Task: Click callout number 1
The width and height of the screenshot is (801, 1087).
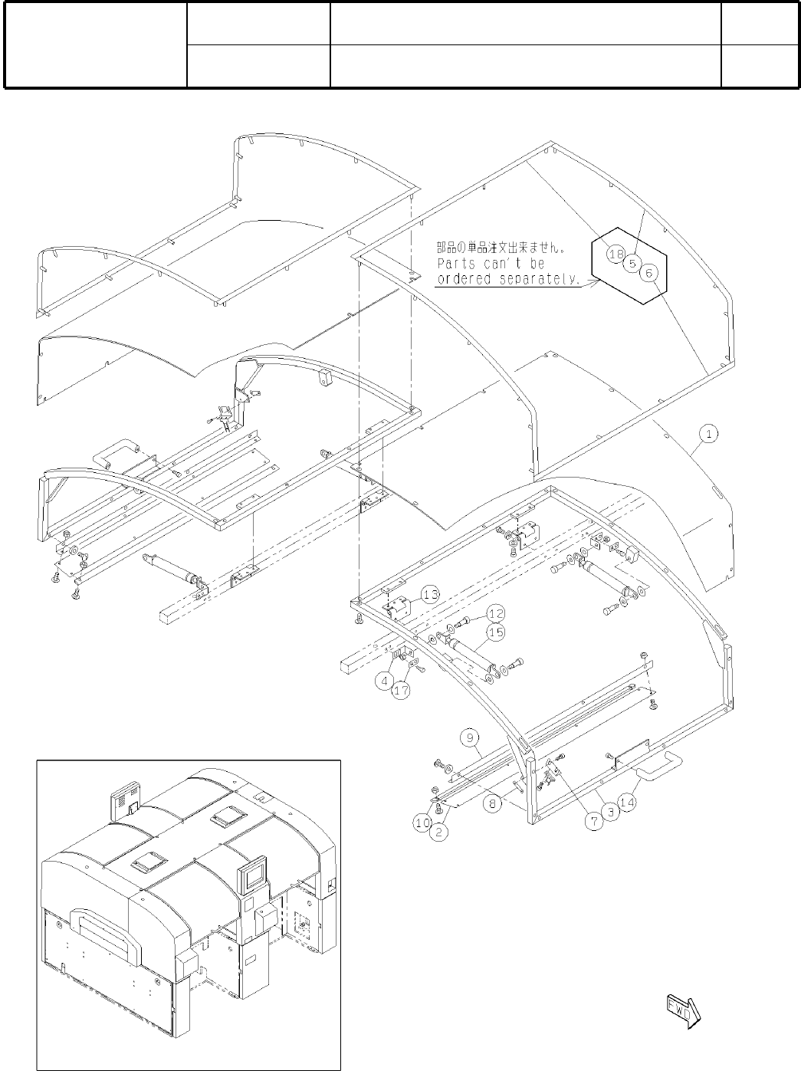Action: [710, 435]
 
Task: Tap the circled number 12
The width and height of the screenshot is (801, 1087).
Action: [496, 613]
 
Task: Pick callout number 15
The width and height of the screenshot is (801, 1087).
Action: [496, 632]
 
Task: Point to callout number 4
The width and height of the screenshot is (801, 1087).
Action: [386, 679]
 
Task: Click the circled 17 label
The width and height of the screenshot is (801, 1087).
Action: [401, 691]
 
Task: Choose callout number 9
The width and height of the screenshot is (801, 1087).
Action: [469, 738]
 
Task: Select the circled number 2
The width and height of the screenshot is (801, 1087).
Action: [438, 832]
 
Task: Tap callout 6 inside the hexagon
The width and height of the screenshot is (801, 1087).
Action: [648, 272]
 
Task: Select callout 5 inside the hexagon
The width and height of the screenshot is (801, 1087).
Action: [632, 263]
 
